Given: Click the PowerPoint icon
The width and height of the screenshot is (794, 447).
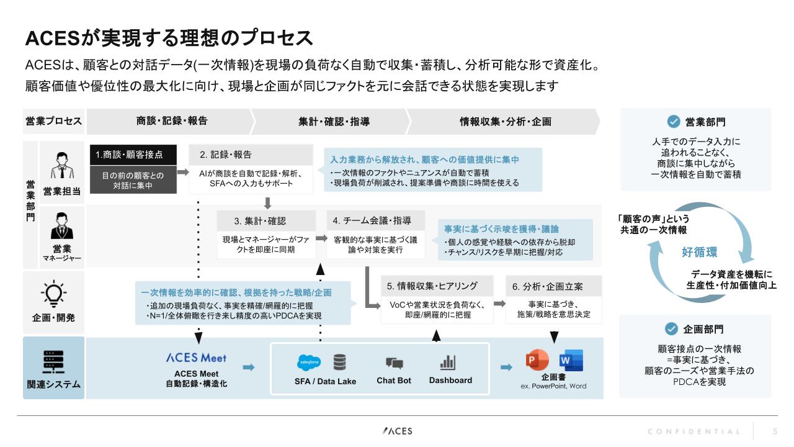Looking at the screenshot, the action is point(537,359).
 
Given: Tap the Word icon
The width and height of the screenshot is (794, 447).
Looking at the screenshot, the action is point(571,360).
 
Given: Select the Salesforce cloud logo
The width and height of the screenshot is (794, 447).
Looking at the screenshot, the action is point(309,362).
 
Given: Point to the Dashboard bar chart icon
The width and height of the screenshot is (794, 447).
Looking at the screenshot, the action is point(448,362).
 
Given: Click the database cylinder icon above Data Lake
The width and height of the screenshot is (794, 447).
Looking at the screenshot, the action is point(339,362).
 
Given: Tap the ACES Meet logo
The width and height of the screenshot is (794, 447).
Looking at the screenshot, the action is point(197,358).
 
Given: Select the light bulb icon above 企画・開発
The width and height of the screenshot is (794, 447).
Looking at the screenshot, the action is point(53,294).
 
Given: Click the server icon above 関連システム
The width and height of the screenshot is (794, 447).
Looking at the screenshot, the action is point(53,362).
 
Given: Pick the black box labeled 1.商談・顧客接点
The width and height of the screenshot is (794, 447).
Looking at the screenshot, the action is point(133,155).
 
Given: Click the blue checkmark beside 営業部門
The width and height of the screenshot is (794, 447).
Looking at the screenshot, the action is point(674,122).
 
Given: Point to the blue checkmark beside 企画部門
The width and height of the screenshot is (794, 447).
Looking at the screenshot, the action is point(671,329).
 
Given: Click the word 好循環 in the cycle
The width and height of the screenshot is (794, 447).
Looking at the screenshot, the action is point(699,252).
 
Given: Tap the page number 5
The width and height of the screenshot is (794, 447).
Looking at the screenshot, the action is point(775,431).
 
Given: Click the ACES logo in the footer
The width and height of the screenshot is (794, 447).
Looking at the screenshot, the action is point(398,431).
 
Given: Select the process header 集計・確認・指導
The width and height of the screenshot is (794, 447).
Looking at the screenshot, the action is point(334,122).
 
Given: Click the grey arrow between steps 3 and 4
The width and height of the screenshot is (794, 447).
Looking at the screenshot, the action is point(321,238).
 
